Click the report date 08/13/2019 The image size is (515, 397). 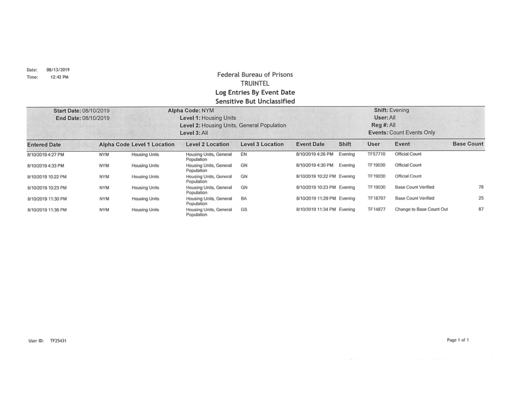(x=58, y=70)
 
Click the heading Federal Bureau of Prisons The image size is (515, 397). (x=255, y=75)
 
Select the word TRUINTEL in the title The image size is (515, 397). (x=255, y=84)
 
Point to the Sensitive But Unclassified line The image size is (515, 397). (x=255, y=102)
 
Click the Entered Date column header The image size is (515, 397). (x=45, y=145)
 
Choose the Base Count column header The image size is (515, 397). (x=468, y=144)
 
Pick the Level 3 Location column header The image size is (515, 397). (x=262, y=145)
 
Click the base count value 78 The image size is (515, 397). (x=481, y=187)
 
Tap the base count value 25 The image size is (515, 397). (x=481, y=198)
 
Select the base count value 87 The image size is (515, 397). (x=481, y=209)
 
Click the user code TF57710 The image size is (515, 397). (x=376, y=154)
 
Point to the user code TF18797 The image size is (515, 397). (x=376, y=198)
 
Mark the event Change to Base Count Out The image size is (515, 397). (x=421, y=209)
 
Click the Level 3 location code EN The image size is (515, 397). (x=244, y=154)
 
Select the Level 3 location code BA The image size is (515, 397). (x=244, y=198)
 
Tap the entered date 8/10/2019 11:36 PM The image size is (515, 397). (x=47, y=210)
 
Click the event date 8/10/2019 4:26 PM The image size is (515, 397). (x=314, y=154)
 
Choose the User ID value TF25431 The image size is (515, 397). (x=58, y=341)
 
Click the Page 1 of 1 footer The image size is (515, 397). (x=458, y=340)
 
